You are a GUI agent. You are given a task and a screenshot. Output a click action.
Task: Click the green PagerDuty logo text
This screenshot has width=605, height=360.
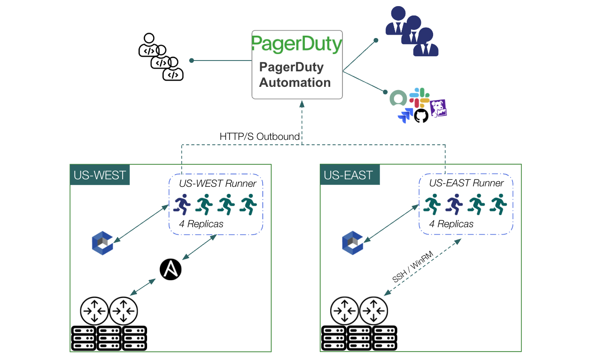tap(296, 44)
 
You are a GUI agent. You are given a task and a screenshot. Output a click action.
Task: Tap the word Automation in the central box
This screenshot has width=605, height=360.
tap(295, 83)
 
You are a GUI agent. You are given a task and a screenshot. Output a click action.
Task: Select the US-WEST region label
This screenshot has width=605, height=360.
tap(100, 175)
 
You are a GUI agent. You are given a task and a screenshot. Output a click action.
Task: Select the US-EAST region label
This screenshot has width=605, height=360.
tap(348, 176)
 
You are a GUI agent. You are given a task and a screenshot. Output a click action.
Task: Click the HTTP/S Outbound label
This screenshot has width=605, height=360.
tap(259, 137)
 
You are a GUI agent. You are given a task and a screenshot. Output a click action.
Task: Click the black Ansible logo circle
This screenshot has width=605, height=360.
tap(171, 269)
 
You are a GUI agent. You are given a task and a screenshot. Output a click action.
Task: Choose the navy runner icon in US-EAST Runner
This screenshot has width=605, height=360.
tap(454, 205)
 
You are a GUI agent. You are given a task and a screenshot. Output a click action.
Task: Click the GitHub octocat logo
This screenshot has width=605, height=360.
tap(421, 115)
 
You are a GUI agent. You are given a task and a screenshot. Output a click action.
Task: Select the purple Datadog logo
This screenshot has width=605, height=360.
tap(438, 108)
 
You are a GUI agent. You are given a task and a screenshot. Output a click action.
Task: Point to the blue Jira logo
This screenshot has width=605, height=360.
tap(405, 115)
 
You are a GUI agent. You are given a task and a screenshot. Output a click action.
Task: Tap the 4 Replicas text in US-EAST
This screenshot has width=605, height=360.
tap(451, 224)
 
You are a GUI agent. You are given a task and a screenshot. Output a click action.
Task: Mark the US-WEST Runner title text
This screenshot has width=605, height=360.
tap(218, 183)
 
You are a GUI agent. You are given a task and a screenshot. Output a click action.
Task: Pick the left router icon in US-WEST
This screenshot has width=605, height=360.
tap(94, 310)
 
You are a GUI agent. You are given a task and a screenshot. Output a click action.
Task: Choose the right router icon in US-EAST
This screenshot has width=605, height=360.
tap(373, 310)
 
